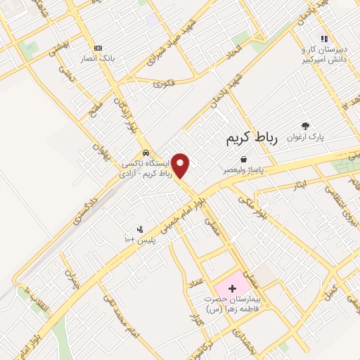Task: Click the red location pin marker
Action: click(x=181, y=165)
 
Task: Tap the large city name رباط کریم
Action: click(x=252, y=139)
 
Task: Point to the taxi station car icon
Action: click(x=145, y=152)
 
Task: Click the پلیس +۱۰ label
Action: click(x=140, y=240)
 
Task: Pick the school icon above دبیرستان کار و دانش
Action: click(x=323, y=39)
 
